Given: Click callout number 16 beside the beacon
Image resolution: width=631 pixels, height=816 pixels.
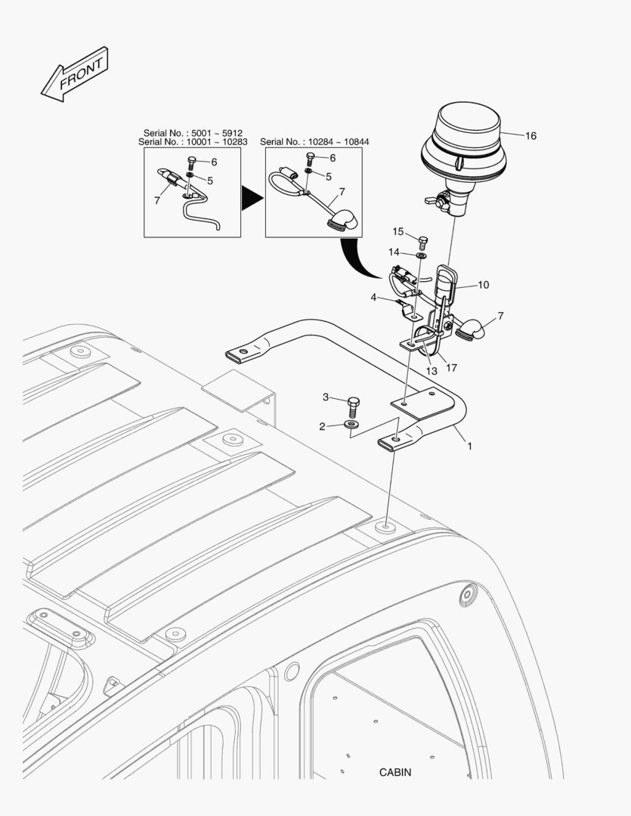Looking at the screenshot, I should [x=530, y=136].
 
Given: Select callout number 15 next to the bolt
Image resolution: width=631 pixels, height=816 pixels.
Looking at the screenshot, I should [x=398, y=231].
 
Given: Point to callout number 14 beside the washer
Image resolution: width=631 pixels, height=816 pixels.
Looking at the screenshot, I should [x=394, y=252].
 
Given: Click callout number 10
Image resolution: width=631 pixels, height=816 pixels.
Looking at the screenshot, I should [x=483, y=285].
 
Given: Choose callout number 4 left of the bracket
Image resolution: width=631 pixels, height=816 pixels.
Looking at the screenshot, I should [x=373, y=298].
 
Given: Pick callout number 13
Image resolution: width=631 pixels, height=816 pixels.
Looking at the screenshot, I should [x=431, y=370].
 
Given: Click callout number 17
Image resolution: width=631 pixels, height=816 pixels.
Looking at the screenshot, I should [x=451, y=368].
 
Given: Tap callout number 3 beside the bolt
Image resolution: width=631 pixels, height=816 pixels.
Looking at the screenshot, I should [x=326, y=397].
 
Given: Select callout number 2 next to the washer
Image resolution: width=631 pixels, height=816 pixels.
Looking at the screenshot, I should [x=322, y=427].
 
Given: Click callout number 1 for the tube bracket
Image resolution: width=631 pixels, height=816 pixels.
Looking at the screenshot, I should [x=469, y=447].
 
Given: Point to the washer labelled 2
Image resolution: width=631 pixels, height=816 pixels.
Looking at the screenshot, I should [x=352, y=425].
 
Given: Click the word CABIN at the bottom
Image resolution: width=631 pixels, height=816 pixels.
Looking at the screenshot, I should [x=395, y=772].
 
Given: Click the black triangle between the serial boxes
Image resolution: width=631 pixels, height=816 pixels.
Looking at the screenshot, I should [x=252, y=198].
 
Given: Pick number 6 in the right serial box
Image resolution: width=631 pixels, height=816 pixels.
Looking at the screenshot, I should [x=333, y=158].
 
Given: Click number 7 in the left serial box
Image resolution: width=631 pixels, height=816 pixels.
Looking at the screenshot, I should [x=156, y=200].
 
